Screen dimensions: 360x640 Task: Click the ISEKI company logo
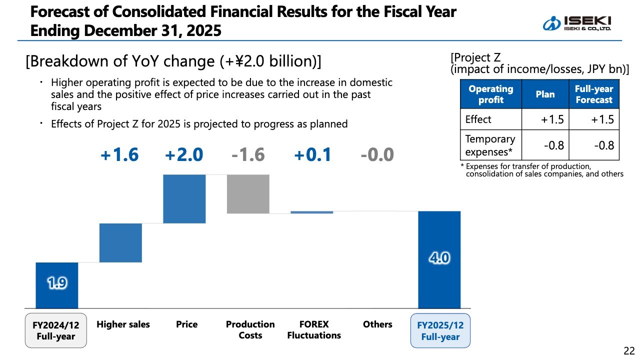577,22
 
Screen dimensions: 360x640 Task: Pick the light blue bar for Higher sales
120,242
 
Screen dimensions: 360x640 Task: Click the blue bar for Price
184,198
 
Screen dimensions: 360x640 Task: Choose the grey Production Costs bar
248,194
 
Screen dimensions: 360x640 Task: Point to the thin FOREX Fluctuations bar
312,212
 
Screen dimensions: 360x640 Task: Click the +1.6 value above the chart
119,155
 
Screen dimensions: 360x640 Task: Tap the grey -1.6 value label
248,155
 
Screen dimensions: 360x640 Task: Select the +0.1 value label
312,155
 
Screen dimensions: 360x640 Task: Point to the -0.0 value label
377,155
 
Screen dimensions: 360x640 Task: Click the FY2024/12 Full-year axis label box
56,330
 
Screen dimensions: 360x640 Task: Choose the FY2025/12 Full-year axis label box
440,330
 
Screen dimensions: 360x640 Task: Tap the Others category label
377,324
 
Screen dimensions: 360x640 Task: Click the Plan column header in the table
545,94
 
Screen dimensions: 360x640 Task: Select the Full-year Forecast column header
594,94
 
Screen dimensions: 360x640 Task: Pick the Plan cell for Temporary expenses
545,145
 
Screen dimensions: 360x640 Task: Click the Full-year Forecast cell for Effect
594,119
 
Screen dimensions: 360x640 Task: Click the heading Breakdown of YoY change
173,61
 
